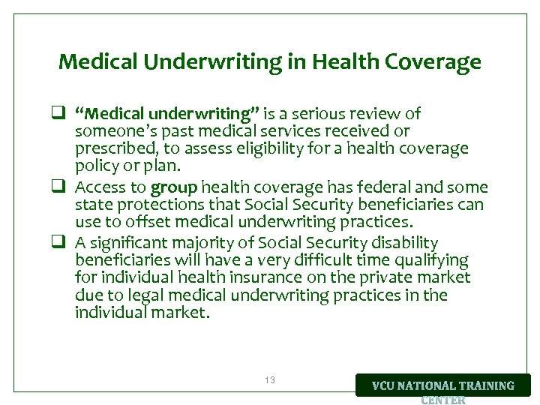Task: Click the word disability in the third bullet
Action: click(x=403, y=243)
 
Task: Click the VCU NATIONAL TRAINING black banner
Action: click(x=443, y=385)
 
